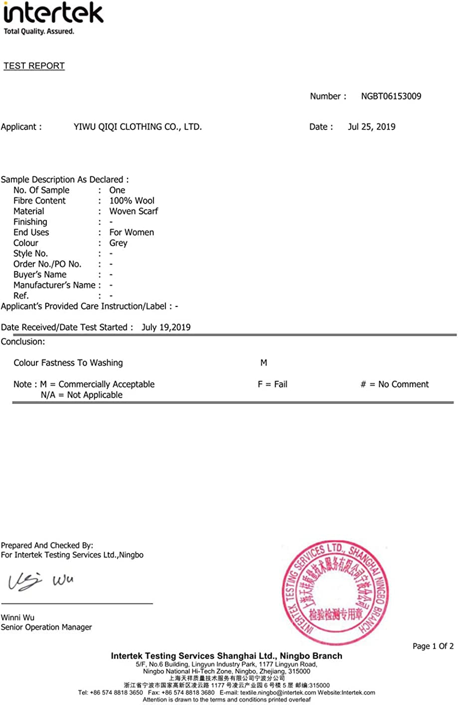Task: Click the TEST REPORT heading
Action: (34, 66)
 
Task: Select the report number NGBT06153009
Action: (391, 96)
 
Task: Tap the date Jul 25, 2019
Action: (371, 127)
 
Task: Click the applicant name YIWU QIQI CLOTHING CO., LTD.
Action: (138, 127)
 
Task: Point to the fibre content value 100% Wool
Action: (132, 200)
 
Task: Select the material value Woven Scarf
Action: (134, 211)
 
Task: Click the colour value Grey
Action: (118, 243)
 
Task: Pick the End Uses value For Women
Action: (132, 232)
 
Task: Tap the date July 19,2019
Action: (166, 327)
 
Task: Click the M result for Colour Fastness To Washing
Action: (264, 363)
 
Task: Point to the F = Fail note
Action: (272, 384)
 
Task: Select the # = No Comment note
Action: (394, 384)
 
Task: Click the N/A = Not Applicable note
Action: (82, 395)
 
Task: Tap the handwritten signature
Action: (40, 581)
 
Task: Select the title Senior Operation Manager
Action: (46, 627)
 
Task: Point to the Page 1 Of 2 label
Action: (433, 646)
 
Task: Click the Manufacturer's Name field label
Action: (54, 285)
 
